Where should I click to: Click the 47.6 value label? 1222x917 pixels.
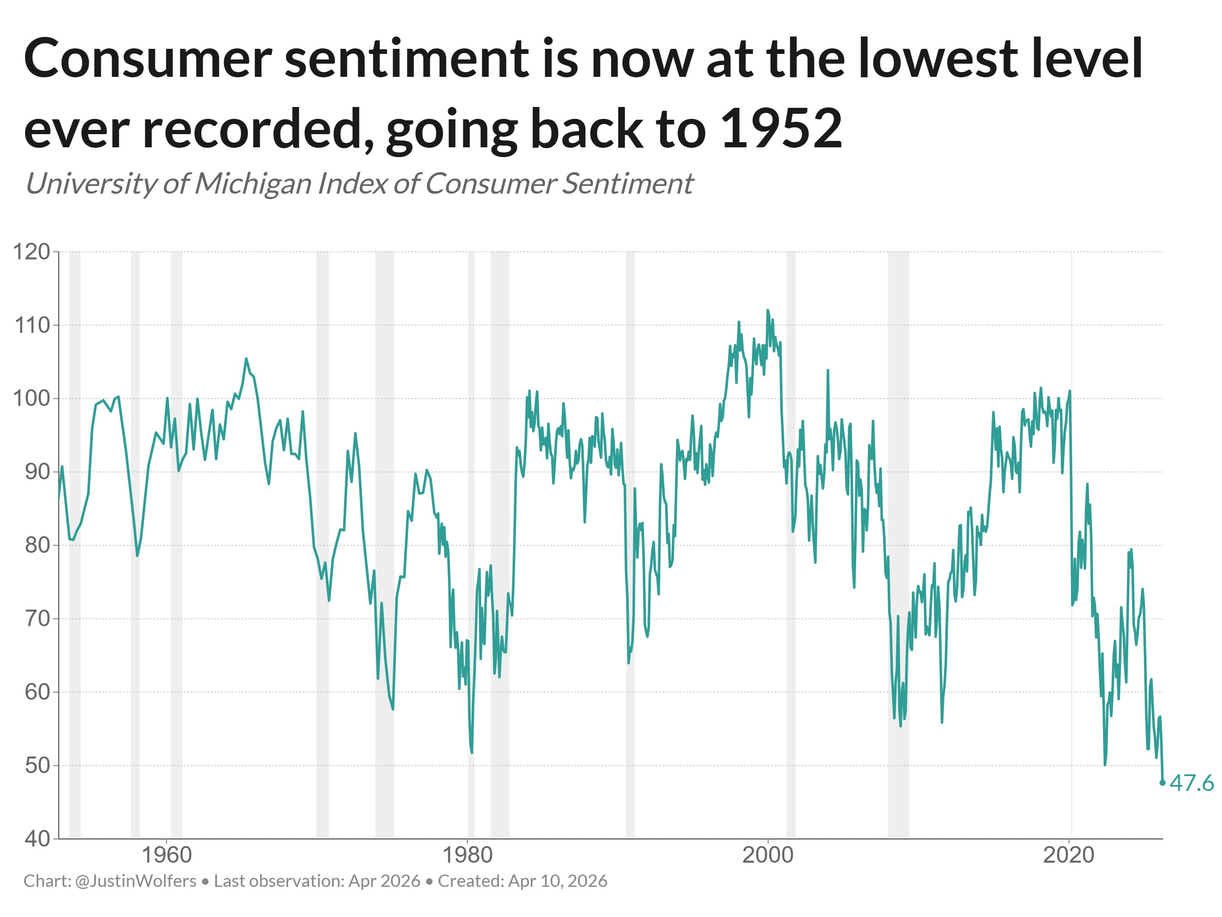click(1191, 783)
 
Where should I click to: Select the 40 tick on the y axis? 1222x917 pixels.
click(38, 838)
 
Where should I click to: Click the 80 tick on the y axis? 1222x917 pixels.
click(38, 545)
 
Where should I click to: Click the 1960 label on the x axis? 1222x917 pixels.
click(167, 855)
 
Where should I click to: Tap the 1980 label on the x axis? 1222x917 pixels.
click(467, 855)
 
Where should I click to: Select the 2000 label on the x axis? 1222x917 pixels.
click(768, 855)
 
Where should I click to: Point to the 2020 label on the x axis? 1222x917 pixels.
click(1068, 855)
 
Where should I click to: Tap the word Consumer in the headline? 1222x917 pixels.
click(148, 59)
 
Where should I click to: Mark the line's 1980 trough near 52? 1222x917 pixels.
click(472, 752)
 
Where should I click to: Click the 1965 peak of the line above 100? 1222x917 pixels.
click(247, 359)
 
